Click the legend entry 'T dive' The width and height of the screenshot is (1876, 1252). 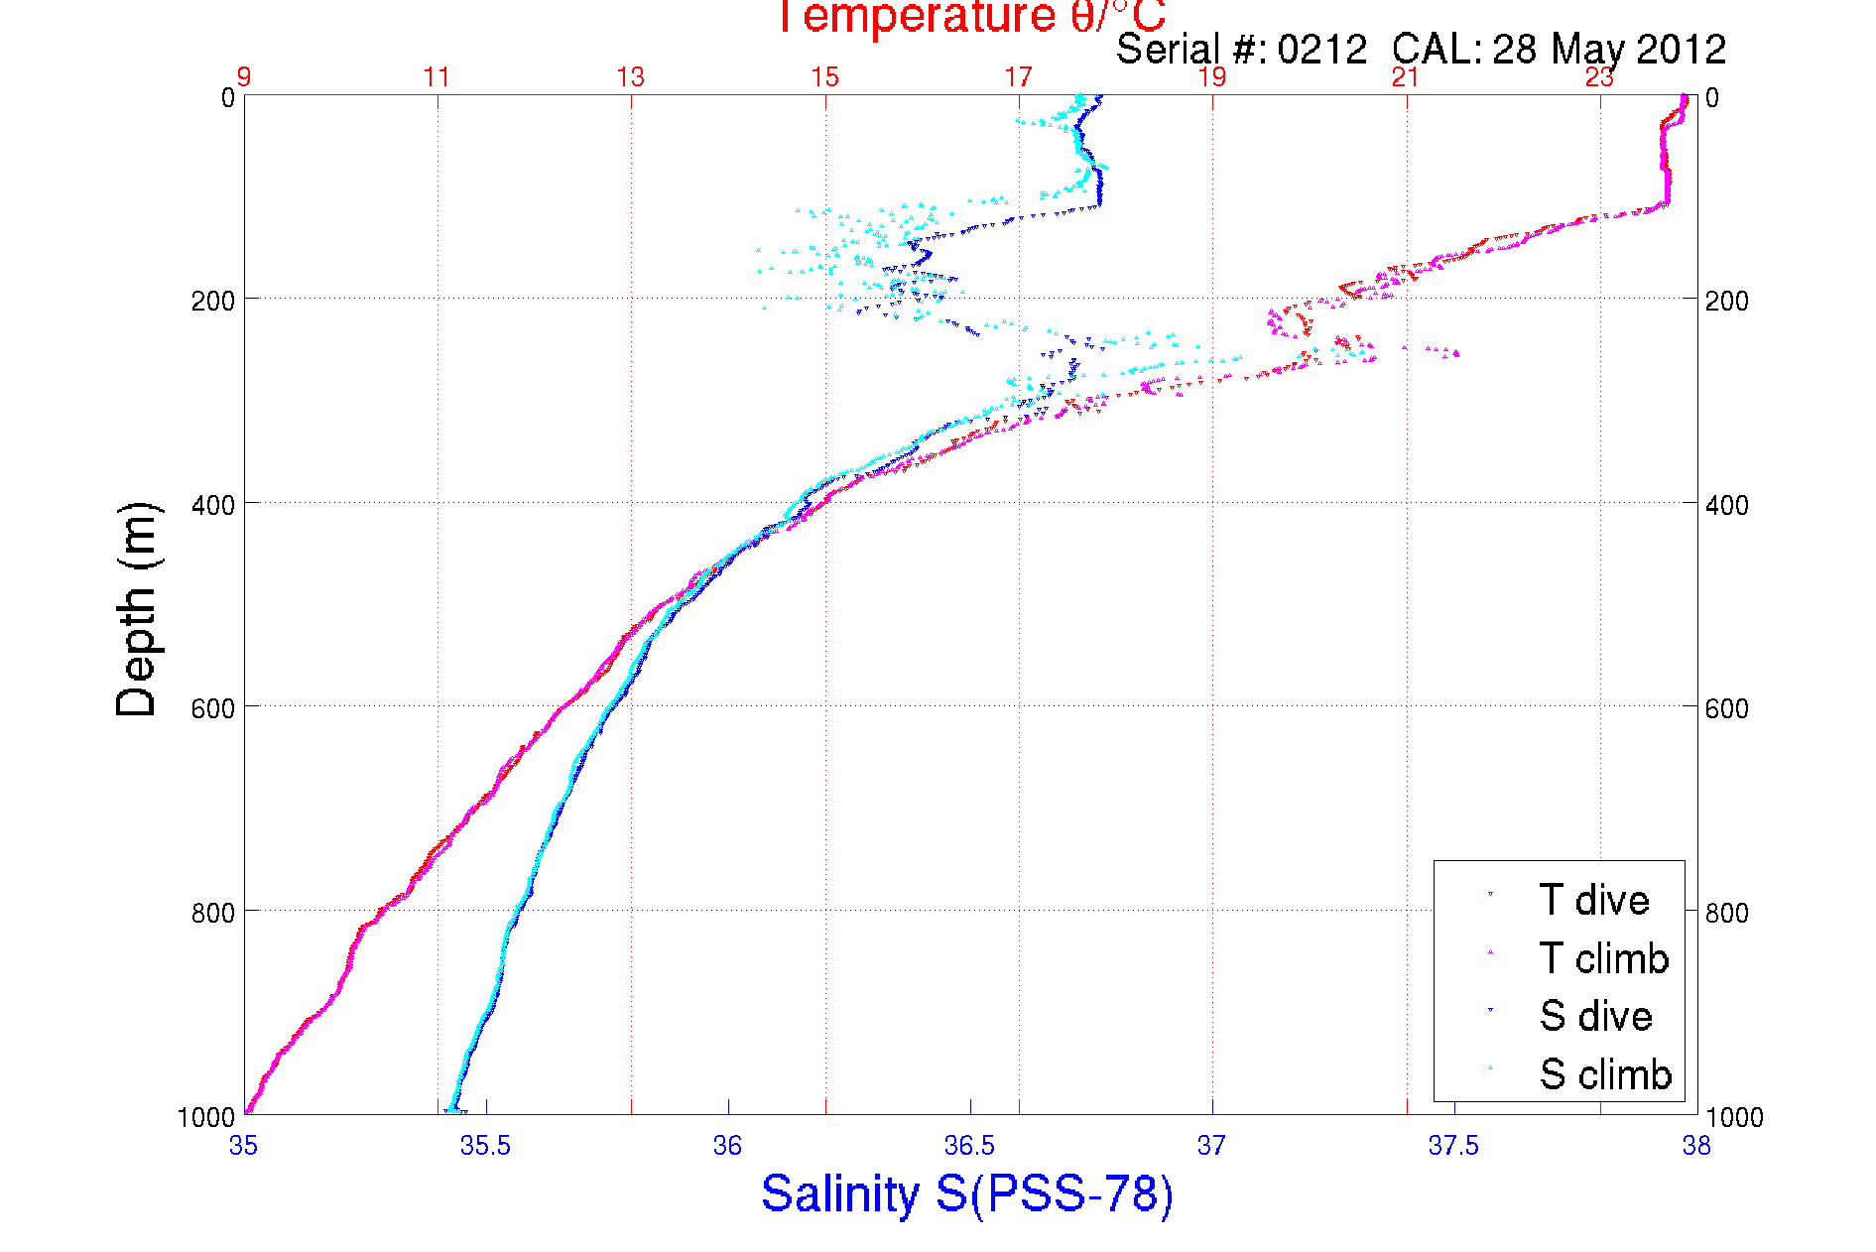click(x=1593, y=900)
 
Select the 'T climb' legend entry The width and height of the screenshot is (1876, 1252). click(x=1603, y=958)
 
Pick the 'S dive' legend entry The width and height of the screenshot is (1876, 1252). click(x=1595, y=1016)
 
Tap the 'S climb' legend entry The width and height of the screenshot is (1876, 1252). click(x=1605, y=1074)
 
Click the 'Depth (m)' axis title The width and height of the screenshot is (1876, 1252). click(x=137, y=609)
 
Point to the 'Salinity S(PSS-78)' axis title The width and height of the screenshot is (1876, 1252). click(x=967, y=1193)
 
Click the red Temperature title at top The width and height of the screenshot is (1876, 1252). click(x=970, y=17)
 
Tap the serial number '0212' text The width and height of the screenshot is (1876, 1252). click(x=1321, y=50)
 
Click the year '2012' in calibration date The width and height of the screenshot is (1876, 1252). click(x=1682, y=50)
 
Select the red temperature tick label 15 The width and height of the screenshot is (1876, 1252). click(x=824, y=77)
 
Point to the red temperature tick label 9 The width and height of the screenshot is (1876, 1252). click(x=243, y=77)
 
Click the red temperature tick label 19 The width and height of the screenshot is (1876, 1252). click(x=1212, y=77)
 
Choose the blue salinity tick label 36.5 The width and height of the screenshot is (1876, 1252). click(x=969, y=1147)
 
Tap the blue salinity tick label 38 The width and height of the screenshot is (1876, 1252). click(x=1695, y=1147)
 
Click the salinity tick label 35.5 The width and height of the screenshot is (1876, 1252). click(x=485, y=1147)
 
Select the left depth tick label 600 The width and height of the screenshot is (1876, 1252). click(x=212, y=708)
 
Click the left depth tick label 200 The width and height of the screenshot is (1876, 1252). click(x=212, y=301)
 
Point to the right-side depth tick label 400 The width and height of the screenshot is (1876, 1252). click(x=1726, y=505)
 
